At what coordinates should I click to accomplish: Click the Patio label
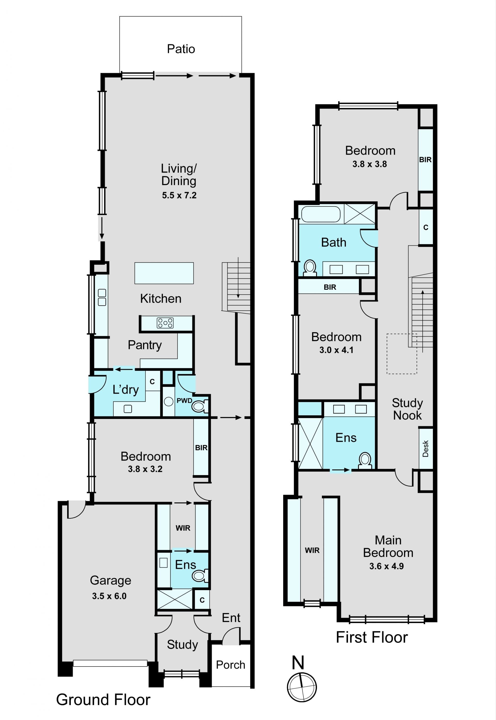[x=181, y=49]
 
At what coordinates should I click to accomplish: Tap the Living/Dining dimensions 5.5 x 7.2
[x=179, y=195]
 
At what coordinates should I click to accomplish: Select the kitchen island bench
[x=164, y=273]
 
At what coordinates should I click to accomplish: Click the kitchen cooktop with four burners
[x=165, y=323]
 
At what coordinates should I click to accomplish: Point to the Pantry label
[x=145, y=345]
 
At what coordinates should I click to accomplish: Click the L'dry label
[x=126, y=389]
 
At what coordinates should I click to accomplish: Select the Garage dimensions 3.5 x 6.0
[x=109, y=596]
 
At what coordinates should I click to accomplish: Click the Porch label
[x=231, y=665]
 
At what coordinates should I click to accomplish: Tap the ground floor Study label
[x=182, y=645]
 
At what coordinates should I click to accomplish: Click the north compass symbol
[x=301, y=687]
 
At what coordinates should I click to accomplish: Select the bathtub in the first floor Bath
[x=321, y=214]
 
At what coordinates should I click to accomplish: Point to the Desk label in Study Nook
[x=425, y=448]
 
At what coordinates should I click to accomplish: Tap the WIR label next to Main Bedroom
[x=312, y=550]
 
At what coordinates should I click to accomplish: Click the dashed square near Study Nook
[x=401, y=354]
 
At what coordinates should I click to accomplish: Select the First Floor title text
[x=372, y=637]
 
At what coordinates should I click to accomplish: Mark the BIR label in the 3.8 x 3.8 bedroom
[x=425, y=159]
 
